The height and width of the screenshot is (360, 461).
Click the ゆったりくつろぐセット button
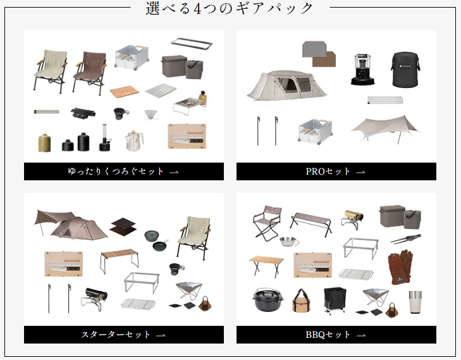click(x=124, y=171)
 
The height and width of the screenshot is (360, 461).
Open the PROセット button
click(x=336, y=171)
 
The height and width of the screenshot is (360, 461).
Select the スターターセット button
click(x=124, y=335)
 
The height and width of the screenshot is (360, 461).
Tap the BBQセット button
click(x=336, y=335)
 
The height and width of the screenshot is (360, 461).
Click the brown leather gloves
click(x=400, y=267)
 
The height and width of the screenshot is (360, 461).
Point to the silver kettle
click(x=134, y=141)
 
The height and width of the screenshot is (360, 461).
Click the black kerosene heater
click(x=362, y=70)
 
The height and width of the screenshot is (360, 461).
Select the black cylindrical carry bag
click(x=405, y=70)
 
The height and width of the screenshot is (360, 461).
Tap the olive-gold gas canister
click(x=45, y=143)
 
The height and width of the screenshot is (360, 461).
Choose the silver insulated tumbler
click(x=415, y=302)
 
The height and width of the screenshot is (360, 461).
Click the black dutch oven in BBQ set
click(x=268, y=300)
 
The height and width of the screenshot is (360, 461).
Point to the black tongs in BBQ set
click(x=406, y=239)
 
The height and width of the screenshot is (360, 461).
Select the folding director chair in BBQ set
click(x=267, y=223)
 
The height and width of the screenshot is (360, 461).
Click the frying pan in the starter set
click(x=160, y=245)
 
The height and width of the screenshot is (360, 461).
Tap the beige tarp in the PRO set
click(x=385, y=128)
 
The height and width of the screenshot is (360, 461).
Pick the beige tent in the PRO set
click(x=286, y=85)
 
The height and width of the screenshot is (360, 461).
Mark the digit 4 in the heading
click(x=197, y=8)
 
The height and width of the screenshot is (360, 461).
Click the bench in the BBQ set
click(x=311, y=224)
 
